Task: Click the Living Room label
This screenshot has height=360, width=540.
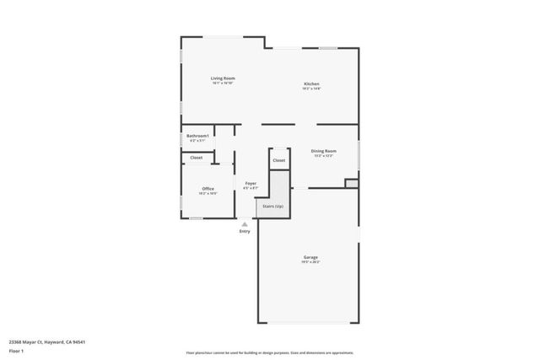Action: (x=223, y=78)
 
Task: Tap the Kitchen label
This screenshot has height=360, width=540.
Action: (x=311, y=83)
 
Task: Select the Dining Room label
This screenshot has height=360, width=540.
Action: (x=324, y=151)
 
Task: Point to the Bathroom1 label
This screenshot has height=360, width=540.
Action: (x=197, y=136)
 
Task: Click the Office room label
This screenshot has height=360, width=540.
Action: (x=208, y=188)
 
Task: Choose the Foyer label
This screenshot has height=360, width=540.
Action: (x=251, y=183)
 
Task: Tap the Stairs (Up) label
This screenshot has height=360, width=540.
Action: (x=273, y=206)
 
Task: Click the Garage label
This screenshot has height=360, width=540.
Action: (x=311, y=257)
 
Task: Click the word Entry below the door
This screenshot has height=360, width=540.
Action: (x=245, y=231)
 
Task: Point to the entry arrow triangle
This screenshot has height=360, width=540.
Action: (x=245, y=224)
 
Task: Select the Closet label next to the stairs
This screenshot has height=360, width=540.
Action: (x=279, y=160)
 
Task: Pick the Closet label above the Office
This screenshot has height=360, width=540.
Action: (x=196, y=158)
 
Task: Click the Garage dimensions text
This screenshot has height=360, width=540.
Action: (x=311, y=262)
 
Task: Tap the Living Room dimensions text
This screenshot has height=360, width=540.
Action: (x=223, y=83)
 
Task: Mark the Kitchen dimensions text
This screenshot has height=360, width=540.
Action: (x=311, y=89)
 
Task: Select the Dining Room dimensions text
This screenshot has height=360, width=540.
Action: (x=324, y=156)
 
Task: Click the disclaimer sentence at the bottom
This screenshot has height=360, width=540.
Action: (x=270, y=354)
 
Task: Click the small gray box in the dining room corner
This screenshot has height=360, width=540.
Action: (x=351, y=183)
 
